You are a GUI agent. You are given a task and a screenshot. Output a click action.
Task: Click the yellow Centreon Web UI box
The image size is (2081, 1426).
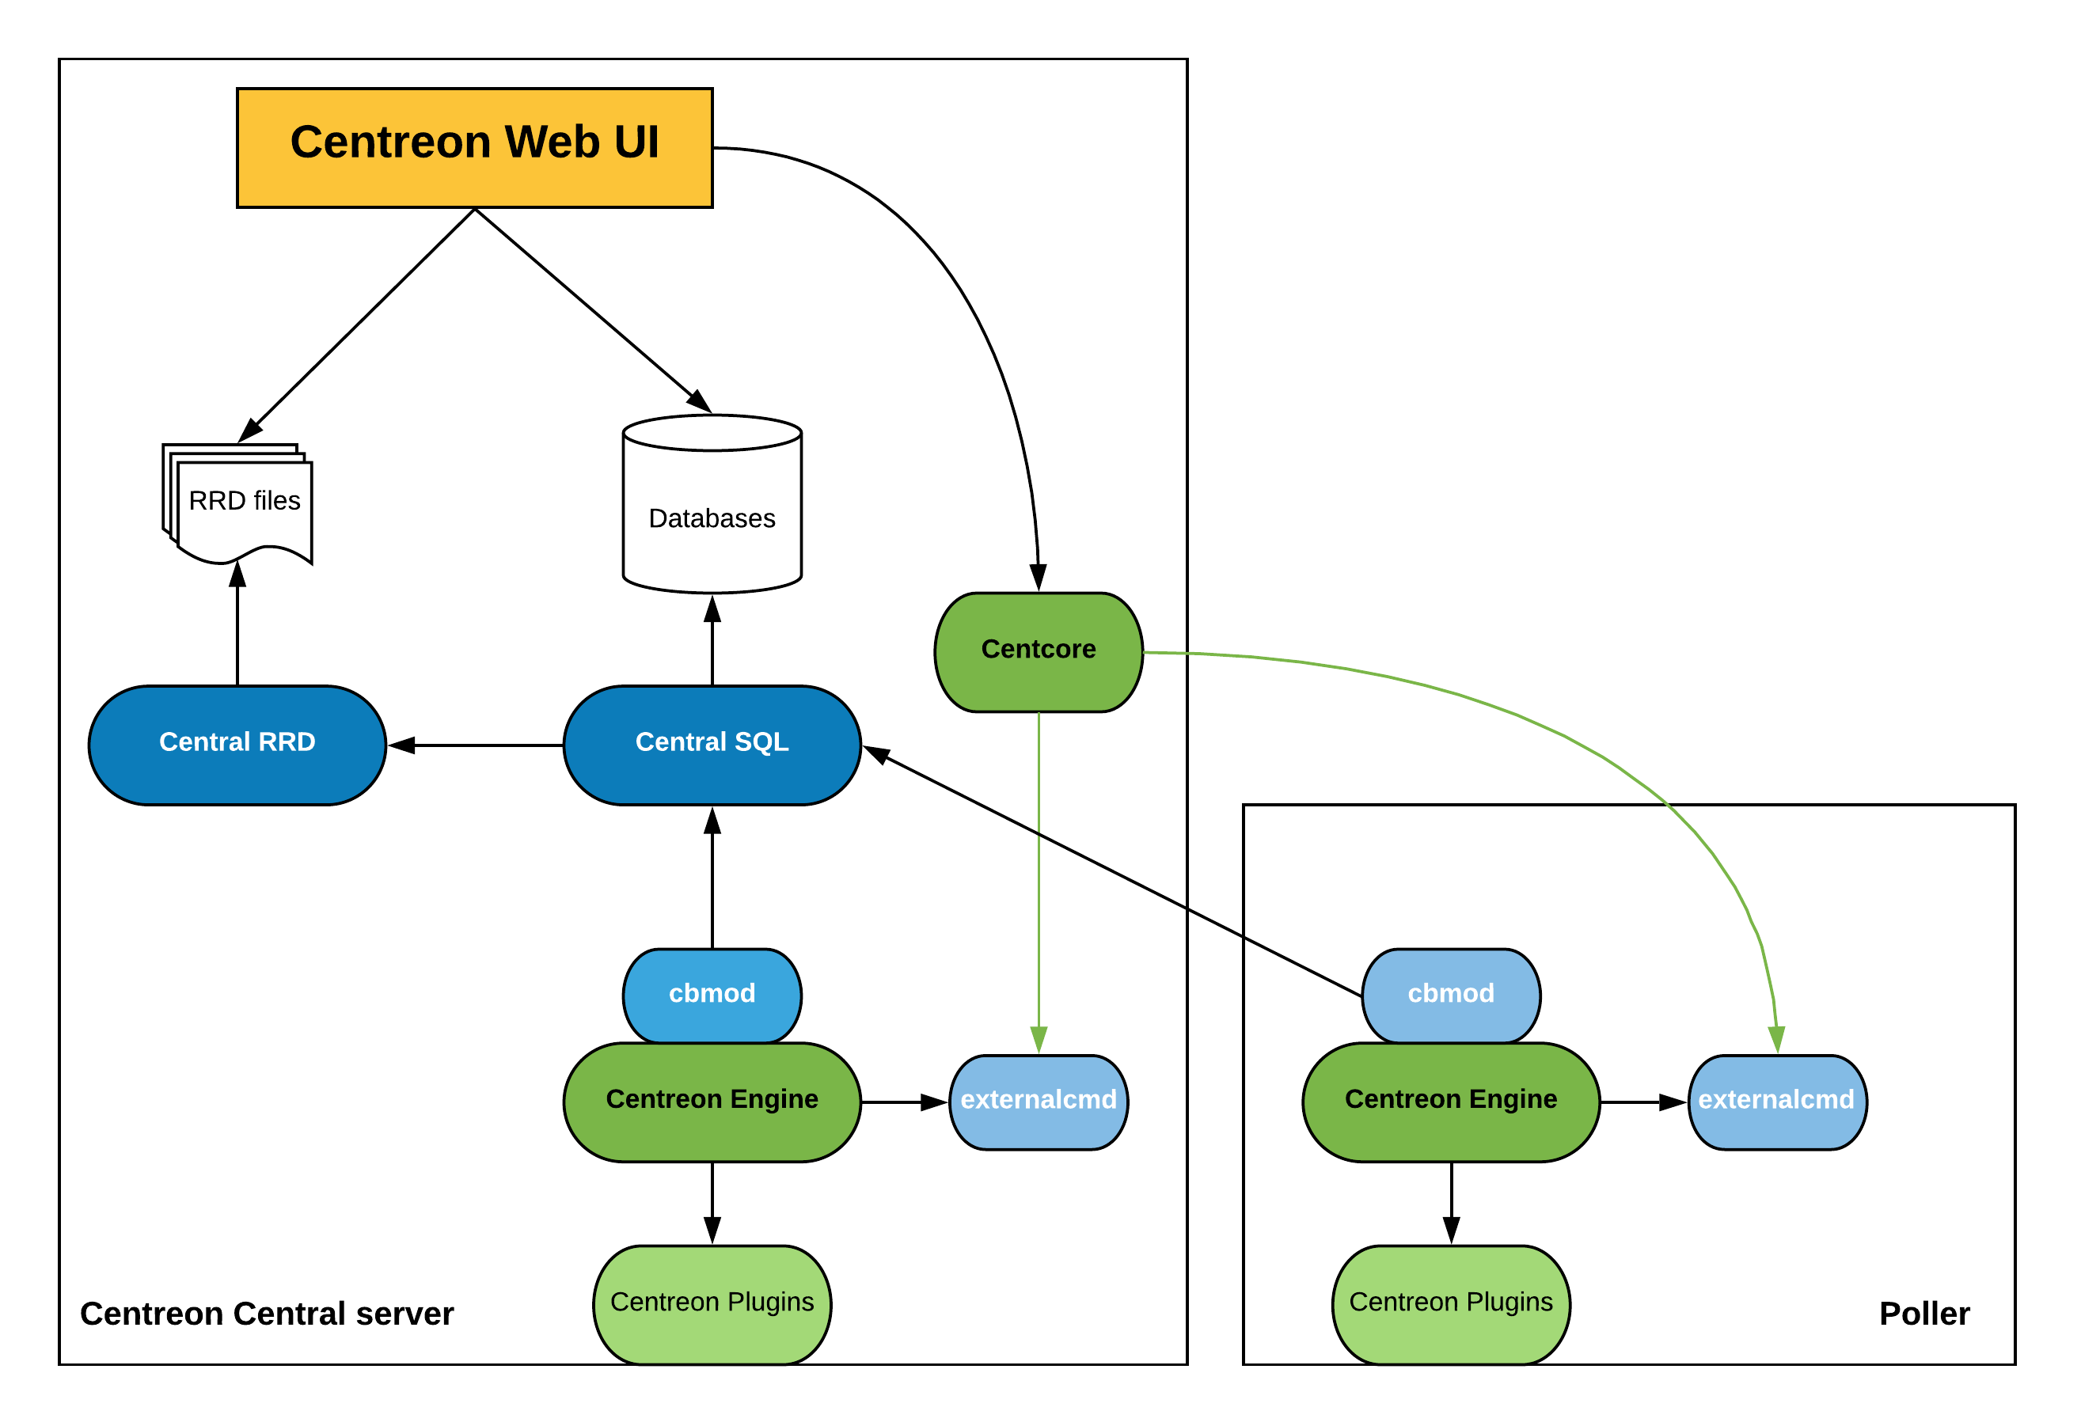475,148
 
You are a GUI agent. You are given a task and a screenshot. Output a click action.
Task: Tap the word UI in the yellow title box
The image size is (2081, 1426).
636,142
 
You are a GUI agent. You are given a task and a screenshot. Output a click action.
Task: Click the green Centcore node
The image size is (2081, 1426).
1039,652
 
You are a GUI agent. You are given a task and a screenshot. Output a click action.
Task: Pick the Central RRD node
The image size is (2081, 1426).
237,745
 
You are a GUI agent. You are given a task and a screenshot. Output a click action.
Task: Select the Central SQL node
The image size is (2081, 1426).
712,745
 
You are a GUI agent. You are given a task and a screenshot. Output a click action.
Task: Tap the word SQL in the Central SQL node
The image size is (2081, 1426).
761,742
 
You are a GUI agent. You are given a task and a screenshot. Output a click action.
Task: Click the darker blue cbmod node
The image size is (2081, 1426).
712,996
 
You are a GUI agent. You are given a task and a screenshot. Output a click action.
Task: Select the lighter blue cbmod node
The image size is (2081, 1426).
1451,996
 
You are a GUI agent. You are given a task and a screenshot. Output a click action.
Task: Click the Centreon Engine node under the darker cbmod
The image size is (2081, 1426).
712,1101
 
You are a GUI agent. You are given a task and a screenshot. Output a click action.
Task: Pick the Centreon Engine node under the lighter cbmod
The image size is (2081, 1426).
1451,1101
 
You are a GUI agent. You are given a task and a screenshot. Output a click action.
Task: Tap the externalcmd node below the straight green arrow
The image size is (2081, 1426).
1039,1102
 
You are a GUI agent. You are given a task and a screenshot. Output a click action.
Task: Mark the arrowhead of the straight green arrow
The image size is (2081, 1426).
1039,1039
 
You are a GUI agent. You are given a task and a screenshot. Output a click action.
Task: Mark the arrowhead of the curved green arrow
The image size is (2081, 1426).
1776,1039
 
